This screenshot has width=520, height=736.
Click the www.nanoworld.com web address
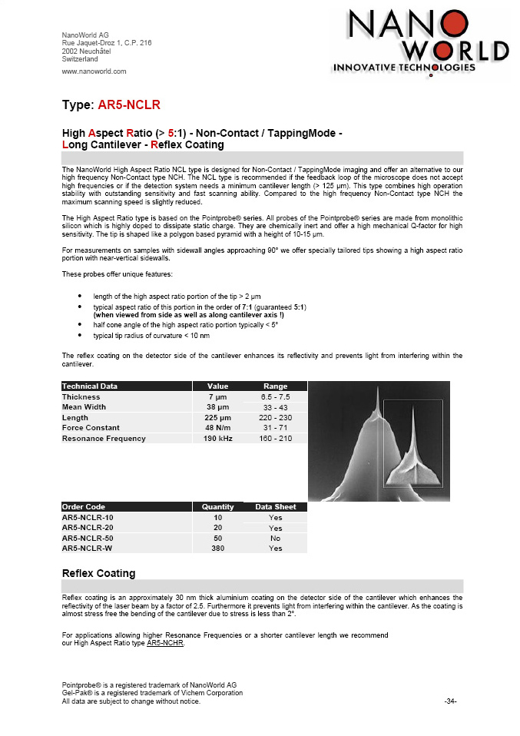94,71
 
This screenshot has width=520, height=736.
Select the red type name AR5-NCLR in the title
129,104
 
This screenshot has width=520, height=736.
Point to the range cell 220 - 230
275,417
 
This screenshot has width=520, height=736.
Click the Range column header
275,386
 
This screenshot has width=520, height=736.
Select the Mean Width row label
84,407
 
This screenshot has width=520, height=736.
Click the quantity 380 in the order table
217,549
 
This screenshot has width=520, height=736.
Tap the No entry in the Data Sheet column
275,539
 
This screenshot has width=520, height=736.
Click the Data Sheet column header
275,507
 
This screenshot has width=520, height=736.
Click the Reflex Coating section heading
98,573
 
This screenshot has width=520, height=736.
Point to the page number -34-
451,701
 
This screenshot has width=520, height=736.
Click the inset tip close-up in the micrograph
412,446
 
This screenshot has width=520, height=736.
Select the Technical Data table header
89,386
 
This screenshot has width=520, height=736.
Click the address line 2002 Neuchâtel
86,51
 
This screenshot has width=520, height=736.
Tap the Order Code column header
84,507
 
